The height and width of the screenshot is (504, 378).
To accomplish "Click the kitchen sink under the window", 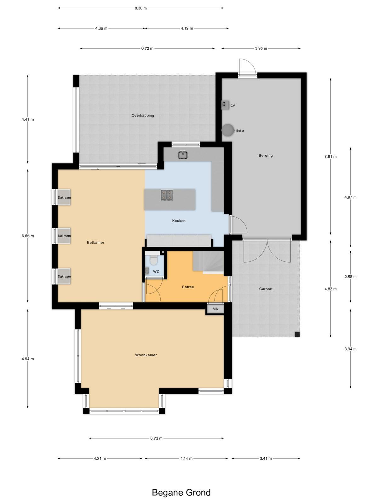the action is tap(183, 154).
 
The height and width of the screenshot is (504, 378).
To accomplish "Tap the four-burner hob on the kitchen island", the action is tap(167, 195).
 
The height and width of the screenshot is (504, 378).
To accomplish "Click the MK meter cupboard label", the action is tap(215, 309).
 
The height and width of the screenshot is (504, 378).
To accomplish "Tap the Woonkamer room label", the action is tap(146, 355).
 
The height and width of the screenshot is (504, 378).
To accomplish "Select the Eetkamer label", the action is tap(95, 242).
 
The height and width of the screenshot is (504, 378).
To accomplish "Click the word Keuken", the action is tap(179, 221).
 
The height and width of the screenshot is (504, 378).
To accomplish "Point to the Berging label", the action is tap(266, 155).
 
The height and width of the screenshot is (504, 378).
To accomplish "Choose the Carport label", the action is tap(266, 289).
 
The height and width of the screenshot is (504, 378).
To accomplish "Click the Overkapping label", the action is tap(143, 116).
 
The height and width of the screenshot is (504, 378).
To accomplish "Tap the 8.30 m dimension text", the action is tap(141, 8).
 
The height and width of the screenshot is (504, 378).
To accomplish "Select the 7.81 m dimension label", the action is tap(330, 157).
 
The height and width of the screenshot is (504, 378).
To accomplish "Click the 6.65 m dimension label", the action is tap(28, 236).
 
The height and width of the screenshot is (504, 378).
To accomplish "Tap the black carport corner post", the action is tap(297, 334).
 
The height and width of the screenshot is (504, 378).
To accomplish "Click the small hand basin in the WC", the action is tap(147, 271).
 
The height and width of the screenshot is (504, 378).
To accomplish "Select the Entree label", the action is tap(188, 287).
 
